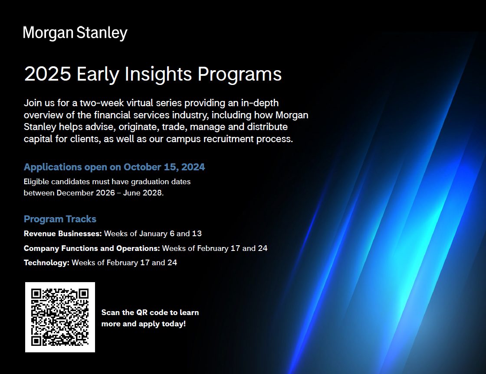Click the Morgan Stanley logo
pos(75,33)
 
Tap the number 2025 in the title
pos(48,74)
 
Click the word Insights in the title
pos(158,74)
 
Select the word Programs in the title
pos(240,75)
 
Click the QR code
pos(60,317)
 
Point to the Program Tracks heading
pos(60,219)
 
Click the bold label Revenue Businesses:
pos(62,234)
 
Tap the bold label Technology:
pos(46,263)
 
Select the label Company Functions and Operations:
pos(92,248)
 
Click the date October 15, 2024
pos(164,167)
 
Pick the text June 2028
pos(143,193)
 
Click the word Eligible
pos(36,182)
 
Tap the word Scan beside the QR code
pos(111,312)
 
